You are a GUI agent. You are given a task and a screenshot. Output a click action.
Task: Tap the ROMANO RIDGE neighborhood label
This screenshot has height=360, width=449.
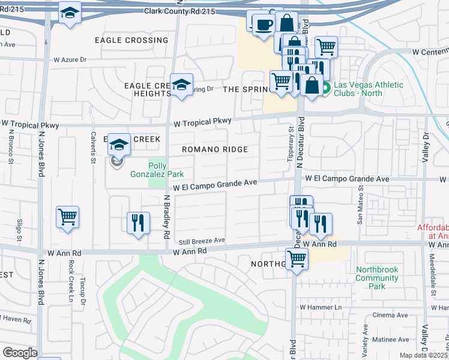(x=215, y=149)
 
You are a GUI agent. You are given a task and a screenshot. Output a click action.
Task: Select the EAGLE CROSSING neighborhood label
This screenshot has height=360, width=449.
(x=131, y=40)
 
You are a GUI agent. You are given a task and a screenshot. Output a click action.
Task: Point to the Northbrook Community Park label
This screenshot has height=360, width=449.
(x=377, y=278)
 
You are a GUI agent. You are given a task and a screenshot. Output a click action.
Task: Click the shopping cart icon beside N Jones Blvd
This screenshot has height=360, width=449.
(x=68, y=217)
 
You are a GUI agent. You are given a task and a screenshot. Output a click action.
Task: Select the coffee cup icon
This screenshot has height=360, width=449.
(x=262, y=25)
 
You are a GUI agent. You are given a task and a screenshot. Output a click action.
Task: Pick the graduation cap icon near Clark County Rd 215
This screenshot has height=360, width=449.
(x=70, y=13)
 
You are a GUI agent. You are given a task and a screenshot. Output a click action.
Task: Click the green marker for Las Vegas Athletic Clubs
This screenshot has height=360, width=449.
(x=325, y=90)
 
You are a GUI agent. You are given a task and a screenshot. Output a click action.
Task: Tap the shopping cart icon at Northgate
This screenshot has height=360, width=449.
(x=297, y=260)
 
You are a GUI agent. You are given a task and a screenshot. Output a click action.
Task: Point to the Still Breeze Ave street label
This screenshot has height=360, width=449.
(x=202, y=241)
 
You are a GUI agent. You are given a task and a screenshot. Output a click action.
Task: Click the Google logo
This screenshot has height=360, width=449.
(x=19, y=353)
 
